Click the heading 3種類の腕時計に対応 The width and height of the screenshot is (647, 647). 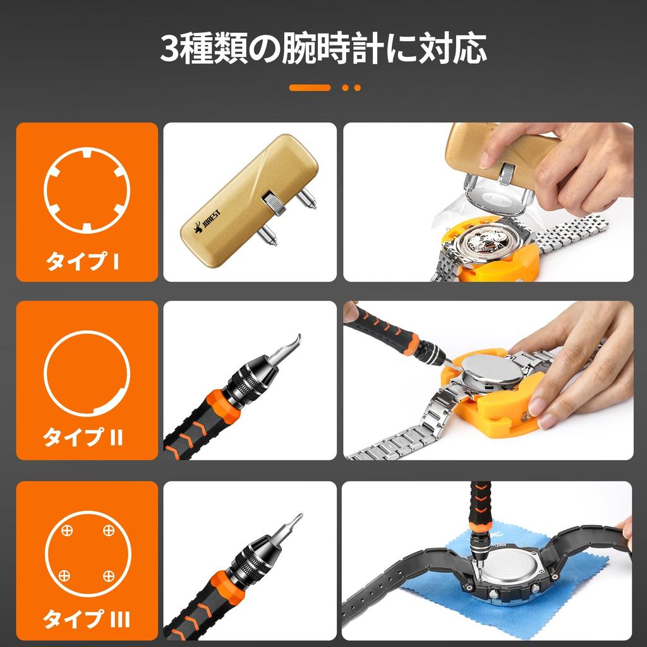click(323, 49)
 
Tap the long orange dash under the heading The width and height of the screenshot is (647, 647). click(310, 88)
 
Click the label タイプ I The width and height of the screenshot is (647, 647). click(82, 262)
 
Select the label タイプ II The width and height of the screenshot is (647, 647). click(83, 437)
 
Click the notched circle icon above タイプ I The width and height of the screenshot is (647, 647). click(87, 191)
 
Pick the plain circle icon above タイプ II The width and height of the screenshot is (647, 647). click(87, 373)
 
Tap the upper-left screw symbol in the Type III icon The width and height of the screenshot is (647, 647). click(66, 529)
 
